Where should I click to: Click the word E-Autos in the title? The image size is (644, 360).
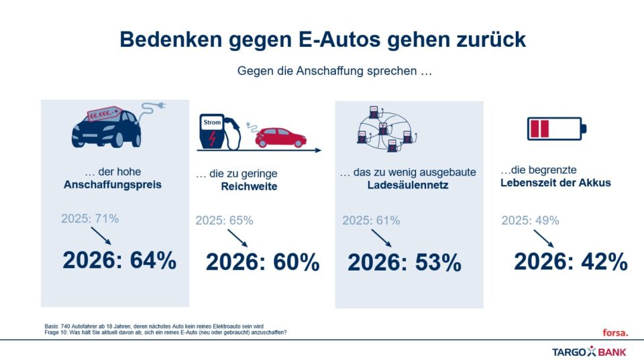click(x=333, y=40)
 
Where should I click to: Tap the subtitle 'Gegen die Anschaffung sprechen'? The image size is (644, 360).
click(x=333, y=70)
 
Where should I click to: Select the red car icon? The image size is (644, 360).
click(x=280, y=137)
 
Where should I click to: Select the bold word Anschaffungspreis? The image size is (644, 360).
click(x=113, y=184)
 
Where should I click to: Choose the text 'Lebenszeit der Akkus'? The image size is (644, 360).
click(x=555, y=182)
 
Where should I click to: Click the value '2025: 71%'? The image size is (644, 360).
click(x=90, y=219)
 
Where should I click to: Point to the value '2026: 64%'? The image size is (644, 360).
click(x=119, y=260)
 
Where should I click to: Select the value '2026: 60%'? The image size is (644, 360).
click(x=262, y=263)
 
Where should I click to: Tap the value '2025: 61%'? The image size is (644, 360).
click(x=371, y=221)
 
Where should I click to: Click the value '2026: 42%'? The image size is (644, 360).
click(x=570, y=261)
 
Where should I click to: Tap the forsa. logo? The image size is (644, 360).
click(x=615, y=332)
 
